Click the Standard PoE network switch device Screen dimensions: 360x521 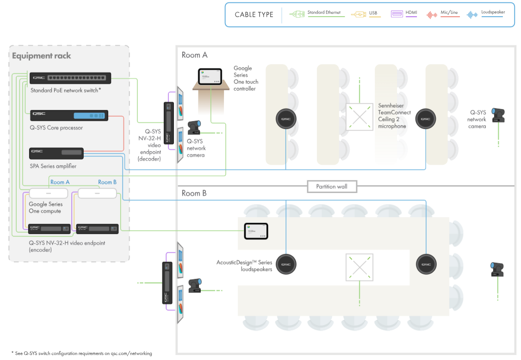[x=70, y=79]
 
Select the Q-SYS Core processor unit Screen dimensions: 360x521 [x=69, y=116]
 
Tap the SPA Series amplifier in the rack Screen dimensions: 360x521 [x=56, y=153]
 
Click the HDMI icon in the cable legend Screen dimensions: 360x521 [x=397, y=15]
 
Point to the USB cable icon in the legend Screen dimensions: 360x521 [x=358, y=15]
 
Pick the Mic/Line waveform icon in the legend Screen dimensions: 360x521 [x=432, y=15]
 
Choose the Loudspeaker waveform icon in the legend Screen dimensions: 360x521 [x=472, y=15]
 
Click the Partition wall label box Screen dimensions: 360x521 [x=332, y=186]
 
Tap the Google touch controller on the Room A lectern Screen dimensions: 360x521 [x=211, y=76]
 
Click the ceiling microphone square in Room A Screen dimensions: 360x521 [x=359, y=116]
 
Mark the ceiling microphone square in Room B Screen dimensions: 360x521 [x=359, y=267]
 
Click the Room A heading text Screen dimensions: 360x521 [x=194, y=55]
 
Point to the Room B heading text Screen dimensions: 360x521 [x=194, y=193]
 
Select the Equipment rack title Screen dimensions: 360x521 [x=42, y=56]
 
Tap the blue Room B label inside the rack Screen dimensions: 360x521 [x=107, y=182]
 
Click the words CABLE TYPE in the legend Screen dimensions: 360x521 [x=254, y=15]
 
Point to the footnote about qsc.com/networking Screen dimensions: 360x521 [x=81, y=354]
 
